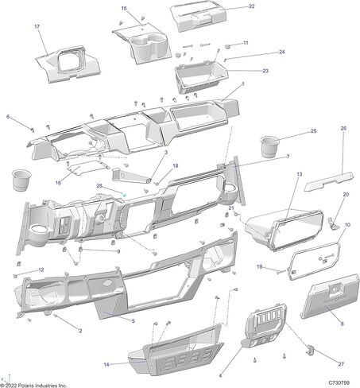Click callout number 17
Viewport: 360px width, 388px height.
[37, 26]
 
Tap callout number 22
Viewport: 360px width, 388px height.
[251, 6]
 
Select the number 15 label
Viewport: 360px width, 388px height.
[124, 9]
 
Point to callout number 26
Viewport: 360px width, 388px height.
[343, 128]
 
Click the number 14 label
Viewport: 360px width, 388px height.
[106, 365]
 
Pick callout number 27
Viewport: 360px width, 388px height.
[341, 364]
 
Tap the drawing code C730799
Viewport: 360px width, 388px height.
[339, 383]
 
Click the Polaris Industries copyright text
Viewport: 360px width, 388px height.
[33, 386]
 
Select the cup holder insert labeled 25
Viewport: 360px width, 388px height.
[269, 146]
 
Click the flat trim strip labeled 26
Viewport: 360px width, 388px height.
[328, 181]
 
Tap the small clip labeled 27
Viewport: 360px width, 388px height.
[310, 350]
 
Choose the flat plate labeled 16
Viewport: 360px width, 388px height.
[87, 167]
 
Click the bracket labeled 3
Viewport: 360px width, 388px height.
[131, 176]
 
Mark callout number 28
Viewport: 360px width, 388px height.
[99, 186]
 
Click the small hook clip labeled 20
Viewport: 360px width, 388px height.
[332, 223]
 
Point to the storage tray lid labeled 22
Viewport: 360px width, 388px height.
[199, 17]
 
